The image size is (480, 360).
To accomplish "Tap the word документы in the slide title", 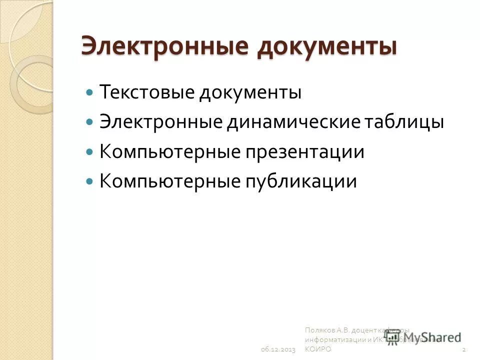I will [x=327, y=47].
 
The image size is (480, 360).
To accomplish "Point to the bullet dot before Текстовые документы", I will [x=90, y=93].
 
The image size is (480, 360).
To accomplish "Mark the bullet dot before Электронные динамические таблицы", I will [x=90, y=122].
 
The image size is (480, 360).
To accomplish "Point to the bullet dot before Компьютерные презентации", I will [x=90, y=151].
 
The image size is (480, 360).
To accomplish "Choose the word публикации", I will [x=300, y=181].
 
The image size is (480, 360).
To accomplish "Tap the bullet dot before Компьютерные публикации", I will [x=90, y=181].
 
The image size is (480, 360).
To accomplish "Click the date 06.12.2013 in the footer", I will [x=278, y=349].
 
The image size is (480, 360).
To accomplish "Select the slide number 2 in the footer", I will [x=464, y=349].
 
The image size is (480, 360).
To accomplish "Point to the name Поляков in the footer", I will [x=319, y=330].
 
